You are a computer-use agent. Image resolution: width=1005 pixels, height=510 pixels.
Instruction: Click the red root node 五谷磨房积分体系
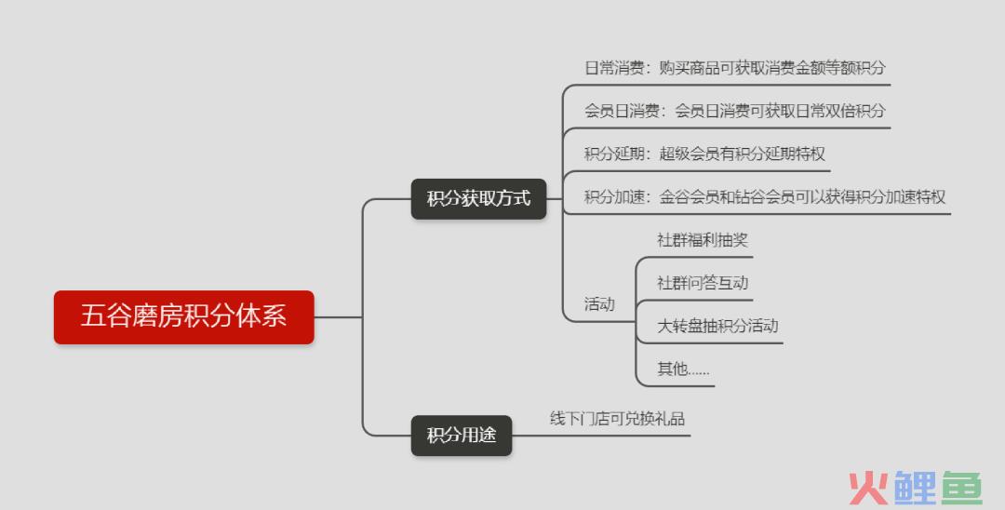coord(184,317)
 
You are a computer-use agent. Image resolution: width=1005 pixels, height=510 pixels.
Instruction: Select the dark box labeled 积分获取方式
coord(479,198)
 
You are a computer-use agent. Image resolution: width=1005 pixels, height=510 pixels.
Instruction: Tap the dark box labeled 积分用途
coord(462,436)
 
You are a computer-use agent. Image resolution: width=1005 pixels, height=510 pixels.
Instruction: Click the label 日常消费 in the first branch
coord(614,68)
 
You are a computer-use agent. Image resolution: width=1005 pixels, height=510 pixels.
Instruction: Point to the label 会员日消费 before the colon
coord(622,111)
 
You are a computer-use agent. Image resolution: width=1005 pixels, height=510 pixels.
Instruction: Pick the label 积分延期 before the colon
coord(614,154)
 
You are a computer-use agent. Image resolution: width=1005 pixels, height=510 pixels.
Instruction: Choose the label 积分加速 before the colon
coord(614,196)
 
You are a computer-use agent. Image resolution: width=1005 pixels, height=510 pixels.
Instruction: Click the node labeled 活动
coord(599,304)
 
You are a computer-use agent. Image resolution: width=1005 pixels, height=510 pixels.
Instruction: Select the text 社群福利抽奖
coord(703,240)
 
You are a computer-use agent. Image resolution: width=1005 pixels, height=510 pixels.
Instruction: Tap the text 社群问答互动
coord(703,283)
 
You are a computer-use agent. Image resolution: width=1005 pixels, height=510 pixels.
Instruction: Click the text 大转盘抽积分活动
coord(717,326)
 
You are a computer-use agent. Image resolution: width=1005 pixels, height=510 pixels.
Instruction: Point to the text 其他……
coord(683,369)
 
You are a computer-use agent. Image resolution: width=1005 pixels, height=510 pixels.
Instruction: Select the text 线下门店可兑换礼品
coord(617,419)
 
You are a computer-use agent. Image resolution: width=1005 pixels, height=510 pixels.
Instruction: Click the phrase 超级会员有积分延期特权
coord(743,154)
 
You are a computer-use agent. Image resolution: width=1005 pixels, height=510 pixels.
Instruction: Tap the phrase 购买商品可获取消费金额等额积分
coord(772,68)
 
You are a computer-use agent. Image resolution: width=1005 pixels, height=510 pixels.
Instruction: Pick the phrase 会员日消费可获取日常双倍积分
coord(780,111)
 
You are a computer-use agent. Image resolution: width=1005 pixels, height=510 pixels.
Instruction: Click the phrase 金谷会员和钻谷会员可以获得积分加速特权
coord(802,196)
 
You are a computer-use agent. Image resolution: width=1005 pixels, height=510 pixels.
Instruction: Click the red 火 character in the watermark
coord(868,489)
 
